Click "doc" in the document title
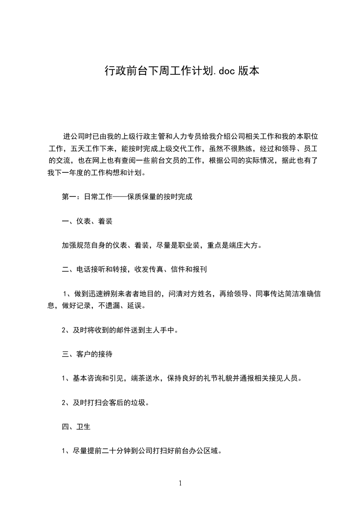(x=225, y=71)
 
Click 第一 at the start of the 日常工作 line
(x=69, y=197)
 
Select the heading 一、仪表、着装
(x=87, y=221)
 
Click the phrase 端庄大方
(x=245, y=245)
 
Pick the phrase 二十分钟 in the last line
(x=117, y=451)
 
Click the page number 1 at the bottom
(x=180, y=483)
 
